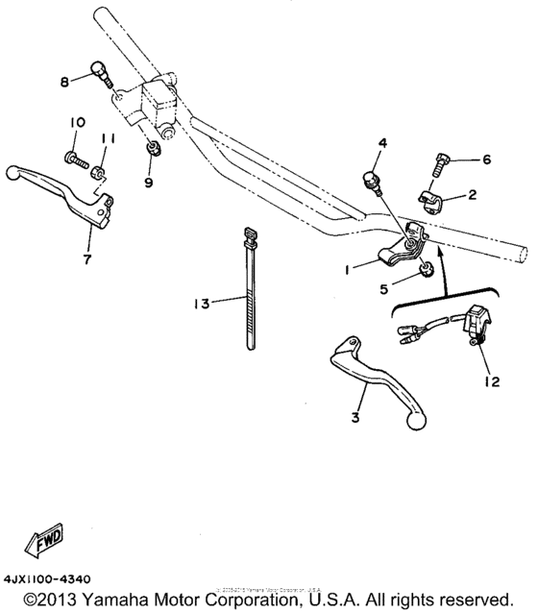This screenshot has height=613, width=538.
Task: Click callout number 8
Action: coord(65,82)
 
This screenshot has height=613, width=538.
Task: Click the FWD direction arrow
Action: coord(43,544)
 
